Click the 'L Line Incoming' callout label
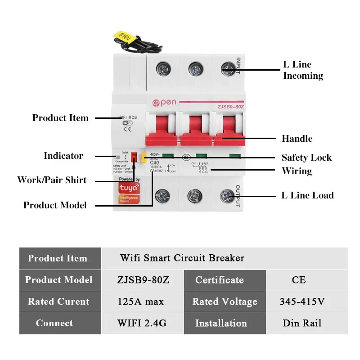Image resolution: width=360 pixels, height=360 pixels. click(303, 70)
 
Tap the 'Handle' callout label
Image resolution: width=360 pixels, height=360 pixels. click(297, 139)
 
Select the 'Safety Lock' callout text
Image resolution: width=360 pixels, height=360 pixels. click(306, 157)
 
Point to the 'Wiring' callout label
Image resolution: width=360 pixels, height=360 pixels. click(297, 171)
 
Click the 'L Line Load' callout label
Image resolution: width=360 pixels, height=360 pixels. click(307, 195)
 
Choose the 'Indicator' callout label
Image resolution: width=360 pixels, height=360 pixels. click(63, 156)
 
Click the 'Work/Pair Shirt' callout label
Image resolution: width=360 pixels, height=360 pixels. click(52, 180)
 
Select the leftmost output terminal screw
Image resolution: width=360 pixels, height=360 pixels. click(162, 196)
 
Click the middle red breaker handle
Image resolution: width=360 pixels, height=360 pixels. click(194, 130)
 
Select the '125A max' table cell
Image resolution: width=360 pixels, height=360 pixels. click(140, 301)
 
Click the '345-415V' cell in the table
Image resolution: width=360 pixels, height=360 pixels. click(301, 301)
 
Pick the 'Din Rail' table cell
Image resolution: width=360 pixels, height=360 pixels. click(301, 323)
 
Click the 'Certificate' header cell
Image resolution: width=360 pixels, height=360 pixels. click(220, 280)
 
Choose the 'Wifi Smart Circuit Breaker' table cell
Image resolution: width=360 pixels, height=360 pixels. click(182, 258)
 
